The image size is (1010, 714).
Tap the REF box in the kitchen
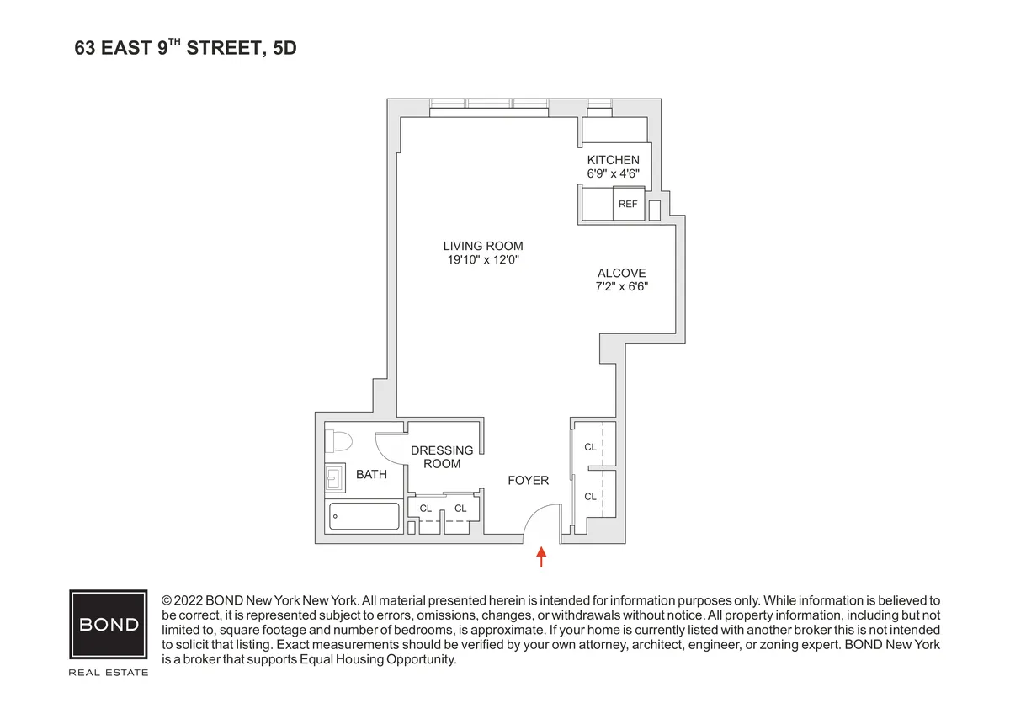(x=628, y=204)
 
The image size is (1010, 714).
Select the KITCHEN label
(x=613, y=160)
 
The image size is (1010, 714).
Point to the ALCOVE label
(x=622, y=273)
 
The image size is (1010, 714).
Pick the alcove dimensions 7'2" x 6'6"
(x=622, y=286)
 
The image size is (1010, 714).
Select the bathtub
(x=364, y=516)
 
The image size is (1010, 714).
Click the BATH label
(x=371, y=474)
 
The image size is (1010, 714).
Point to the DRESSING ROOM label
(x=442, y=457)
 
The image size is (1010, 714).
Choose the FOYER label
(x=529, y=481)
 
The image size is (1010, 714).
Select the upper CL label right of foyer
(x=590, y=447)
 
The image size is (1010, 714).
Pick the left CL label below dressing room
(x=425, y=509)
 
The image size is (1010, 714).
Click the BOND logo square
(x=108, y=625)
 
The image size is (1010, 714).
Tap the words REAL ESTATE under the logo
(x=108, y=673)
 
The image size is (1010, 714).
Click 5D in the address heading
(x=284, y=50)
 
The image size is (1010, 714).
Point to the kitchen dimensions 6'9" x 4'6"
(x=613, y=173)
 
